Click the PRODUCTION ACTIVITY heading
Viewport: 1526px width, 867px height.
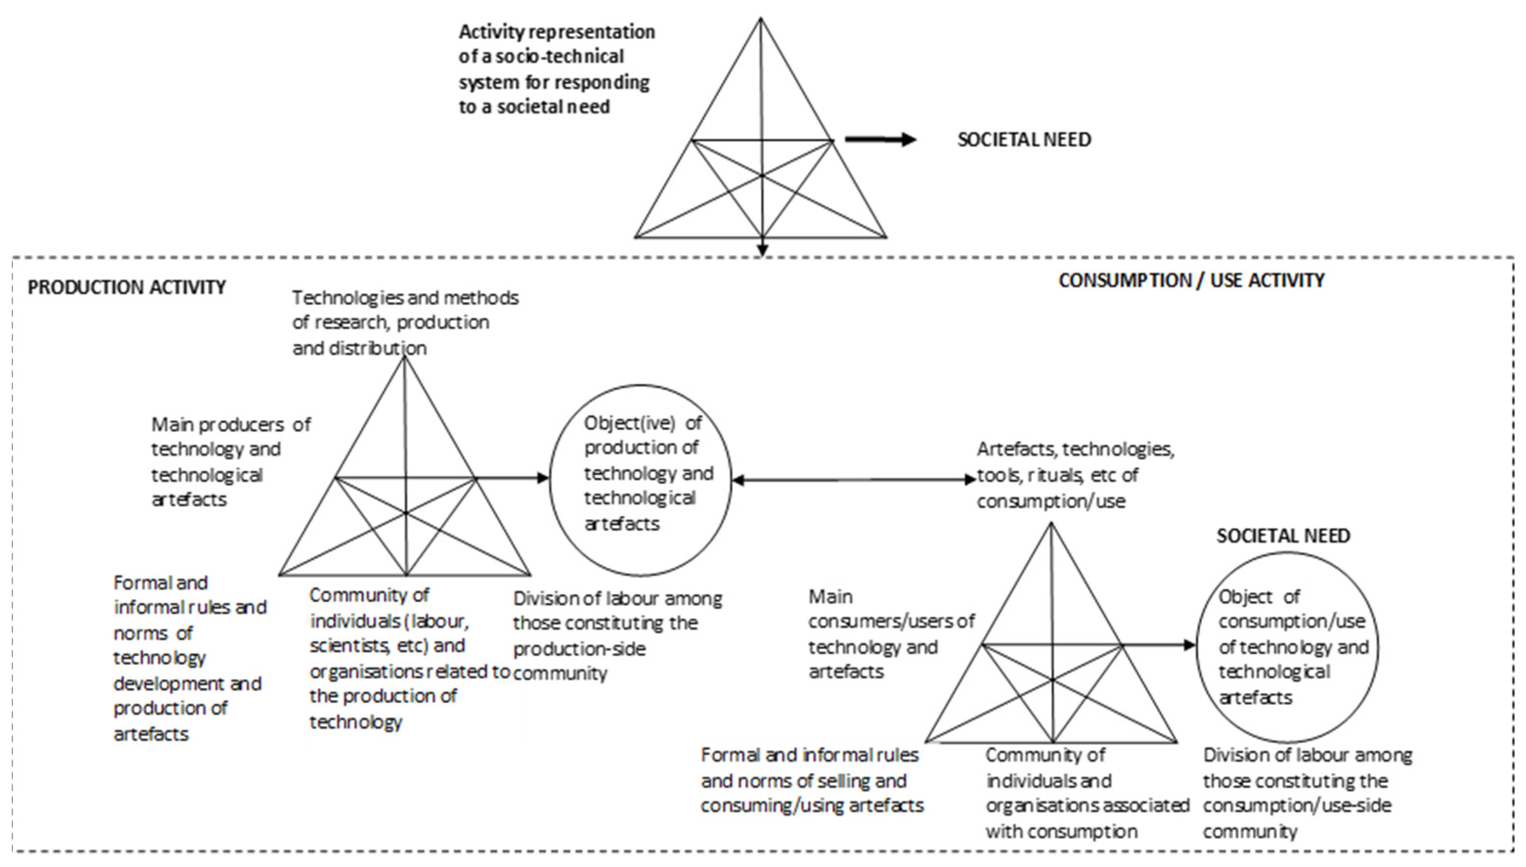(126, 287)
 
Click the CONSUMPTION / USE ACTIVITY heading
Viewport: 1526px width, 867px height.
(1191, 281)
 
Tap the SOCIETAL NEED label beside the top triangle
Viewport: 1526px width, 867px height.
(1024, 139)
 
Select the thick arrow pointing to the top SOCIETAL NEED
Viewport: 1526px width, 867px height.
(879, 139)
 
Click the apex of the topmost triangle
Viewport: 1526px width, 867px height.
(761, 19)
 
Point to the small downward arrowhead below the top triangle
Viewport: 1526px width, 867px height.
(762, 250)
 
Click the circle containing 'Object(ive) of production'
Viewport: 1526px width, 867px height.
(640, 479)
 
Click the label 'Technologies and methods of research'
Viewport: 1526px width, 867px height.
(405, 322)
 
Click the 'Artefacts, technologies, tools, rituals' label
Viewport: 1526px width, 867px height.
(1075, 475)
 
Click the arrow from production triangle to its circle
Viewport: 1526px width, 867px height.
(512, 477)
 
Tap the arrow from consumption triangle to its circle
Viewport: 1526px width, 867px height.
(1158, 645)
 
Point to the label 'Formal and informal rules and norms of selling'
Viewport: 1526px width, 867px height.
(811, 780)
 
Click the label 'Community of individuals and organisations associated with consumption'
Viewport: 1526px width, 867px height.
(1087, 793)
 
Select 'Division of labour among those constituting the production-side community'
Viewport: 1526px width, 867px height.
(616, 635)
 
